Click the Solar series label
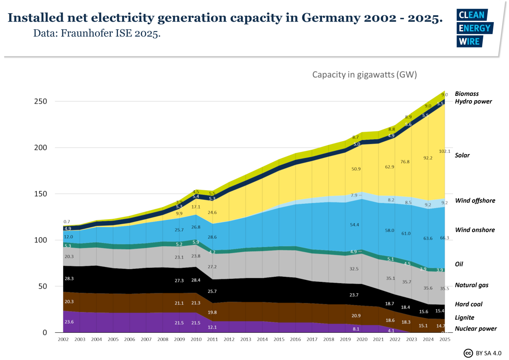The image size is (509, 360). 462,155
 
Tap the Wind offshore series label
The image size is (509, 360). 475,200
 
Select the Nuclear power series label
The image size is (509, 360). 475,329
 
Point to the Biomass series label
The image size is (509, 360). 467,93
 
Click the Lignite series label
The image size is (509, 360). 464,318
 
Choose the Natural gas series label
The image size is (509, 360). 472,285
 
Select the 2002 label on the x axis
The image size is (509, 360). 64,340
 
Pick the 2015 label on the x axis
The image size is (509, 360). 278,340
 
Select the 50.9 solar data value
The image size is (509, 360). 355,169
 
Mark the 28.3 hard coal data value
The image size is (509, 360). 68,278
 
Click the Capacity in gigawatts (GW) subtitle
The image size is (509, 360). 364,75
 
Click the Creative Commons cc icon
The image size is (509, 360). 468,353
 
